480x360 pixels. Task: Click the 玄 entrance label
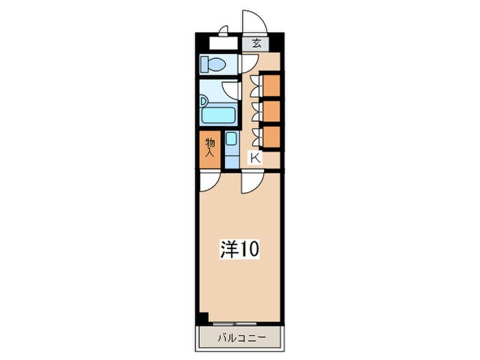pyautogui.click(x=256, y=44)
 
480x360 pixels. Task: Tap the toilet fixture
pyautogui.click(x=213, y=64)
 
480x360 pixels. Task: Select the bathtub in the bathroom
pyautogui.click(x=218, y=115)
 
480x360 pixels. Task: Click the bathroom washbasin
pyautogui.click(x=204, y=101)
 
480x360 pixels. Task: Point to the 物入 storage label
pyautogui.click(x=210, y=147)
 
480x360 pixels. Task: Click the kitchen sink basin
pyautogui.click(x=231, y=139)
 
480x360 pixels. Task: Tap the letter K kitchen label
pyautogui.click(x=255, y=158)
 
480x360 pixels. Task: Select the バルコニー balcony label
pyautogui.click(x=242, y=338)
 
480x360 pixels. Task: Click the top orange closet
pyautogui.click(x=272, y=84)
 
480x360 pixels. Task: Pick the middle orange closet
pyautogui.click(x=272, y=110)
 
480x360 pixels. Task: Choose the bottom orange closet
pyautogui.click(x=272, y=136)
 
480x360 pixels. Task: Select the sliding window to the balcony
pyautogui.click(x=235, y=323)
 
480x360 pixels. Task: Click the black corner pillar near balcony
pyautogui.click(x=202, y=318)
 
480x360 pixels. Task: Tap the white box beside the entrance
pyautogui.click(x=224, y=43)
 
